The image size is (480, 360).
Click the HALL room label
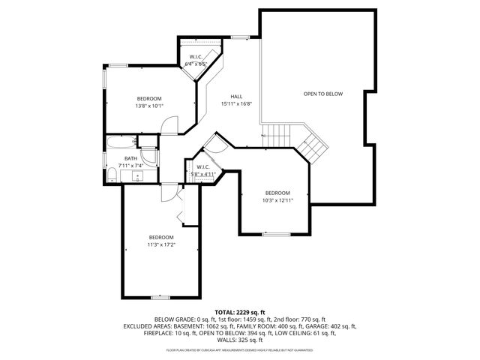point(235,96)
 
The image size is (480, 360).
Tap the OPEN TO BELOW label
point(322,94)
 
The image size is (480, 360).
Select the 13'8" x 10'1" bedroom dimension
point(149,106)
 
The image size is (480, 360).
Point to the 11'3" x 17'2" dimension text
point(160,244)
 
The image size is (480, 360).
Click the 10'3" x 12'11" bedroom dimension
point(277,200)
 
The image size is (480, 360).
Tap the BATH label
point(130,158)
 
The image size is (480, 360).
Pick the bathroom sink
point(138,177)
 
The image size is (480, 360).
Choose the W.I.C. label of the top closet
point(196,57)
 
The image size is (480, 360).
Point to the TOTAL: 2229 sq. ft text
point(240,312)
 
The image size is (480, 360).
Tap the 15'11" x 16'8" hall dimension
point(235,103)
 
